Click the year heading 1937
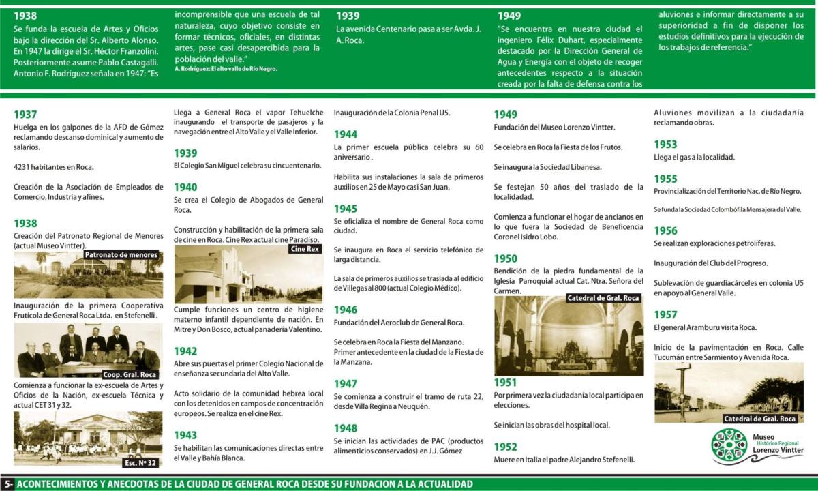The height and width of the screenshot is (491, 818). tap(25, 115)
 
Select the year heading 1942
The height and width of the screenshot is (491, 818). tap(185, 351)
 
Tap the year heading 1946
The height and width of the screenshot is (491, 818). tap(346, 310)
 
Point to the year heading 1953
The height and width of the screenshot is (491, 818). tap(665, 145)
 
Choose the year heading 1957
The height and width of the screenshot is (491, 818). tap(665, 315)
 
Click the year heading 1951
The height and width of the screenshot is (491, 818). tap(506, 382)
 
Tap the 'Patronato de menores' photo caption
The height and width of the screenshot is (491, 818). tap(121, 255)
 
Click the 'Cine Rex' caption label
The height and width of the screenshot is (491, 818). tap(305, 249)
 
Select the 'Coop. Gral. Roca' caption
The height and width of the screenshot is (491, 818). tap(130, 374)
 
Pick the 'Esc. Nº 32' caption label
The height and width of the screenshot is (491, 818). tap(141, 462)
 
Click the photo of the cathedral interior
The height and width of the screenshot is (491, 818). tap(569, 336)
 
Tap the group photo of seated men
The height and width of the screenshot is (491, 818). tap(87, 351)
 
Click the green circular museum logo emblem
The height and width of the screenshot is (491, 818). tap(729, 446)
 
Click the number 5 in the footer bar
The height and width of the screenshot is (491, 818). tap(6, 484)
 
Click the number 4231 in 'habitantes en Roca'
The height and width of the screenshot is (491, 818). tap(24, 167)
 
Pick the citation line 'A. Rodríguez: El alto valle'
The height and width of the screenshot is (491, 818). tap(226, 69)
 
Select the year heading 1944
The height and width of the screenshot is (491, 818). tap(346, 134)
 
